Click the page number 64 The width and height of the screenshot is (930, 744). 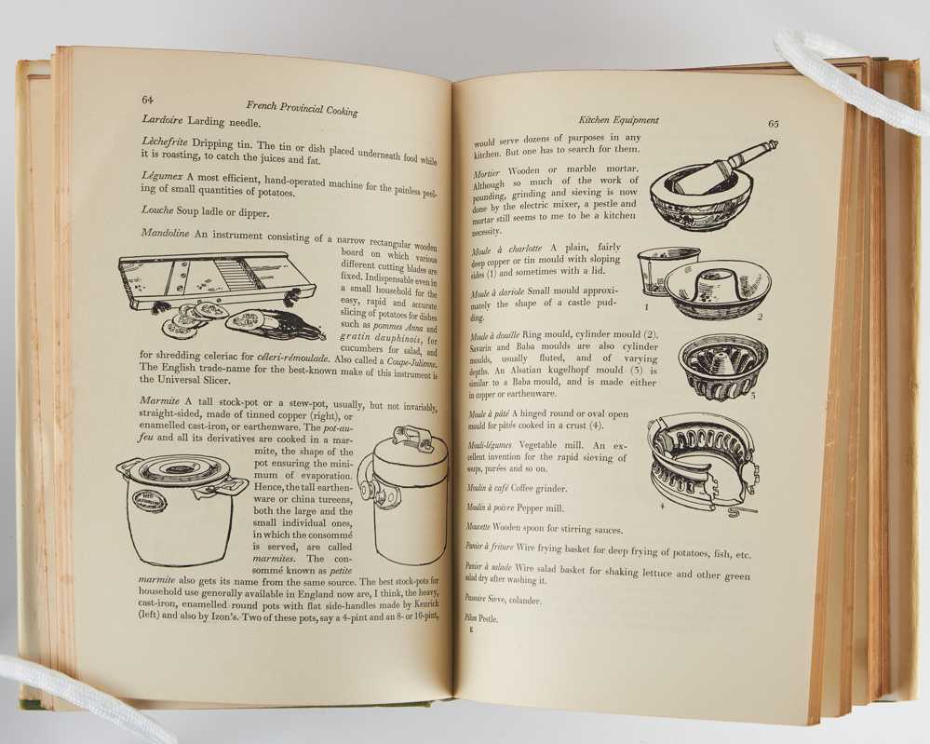point(148,99)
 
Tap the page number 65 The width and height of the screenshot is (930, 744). point(774,124)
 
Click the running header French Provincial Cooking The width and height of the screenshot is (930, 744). point(302,108)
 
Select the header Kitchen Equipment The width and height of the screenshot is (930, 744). point(619,120)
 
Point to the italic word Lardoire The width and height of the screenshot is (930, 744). point(163,120)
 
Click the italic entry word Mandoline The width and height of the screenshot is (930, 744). point(165,233)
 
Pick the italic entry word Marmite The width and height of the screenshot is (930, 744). point(159,401)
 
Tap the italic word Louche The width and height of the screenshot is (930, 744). point(157,210)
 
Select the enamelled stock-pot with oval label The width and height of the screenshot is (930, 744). point(180,510)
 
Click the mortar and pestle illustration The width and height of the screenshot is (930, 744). point(708,185)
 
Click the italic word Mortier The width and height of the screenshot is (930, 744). point(486,174)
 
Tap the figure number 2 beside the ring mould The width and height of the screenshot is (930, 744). point(760,317)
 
